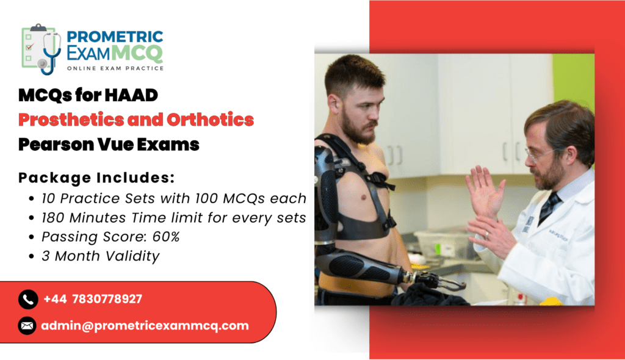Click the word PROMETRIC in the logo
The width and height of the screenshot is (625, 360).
(115, 37)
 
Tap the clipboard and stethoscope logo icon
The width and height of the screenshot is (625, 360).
(42, 49)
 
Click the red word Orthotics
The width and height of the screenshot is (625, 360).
(210, 120)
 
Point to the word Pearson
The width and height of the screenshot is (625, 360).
(56, 145)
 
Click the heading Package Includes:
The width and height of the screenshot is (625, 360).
(96, 178)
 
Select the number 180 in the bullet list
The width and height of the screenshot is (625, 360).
(54, 218)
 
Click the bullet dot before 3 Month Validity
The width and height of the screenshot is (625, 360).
(32, 256)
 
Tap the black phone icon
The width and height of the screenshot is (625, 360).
(28, 299)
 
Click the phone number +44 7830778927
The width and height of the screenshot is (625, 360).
(93, 299)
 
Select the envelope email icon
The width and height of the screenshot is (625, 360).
(27, 326)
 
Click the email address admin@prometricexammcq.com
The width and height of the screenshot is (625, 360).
(145, 326)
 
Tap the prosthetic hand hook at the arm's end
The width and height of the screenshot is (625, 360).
(443, 281)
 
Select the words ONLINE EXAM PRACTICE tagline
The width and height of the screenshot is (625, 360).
(115, 68)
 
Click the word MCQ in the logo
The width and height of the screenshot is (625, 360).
(137, 53)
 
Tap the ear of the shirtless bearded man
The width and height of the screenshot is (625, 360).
(333, 104)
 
